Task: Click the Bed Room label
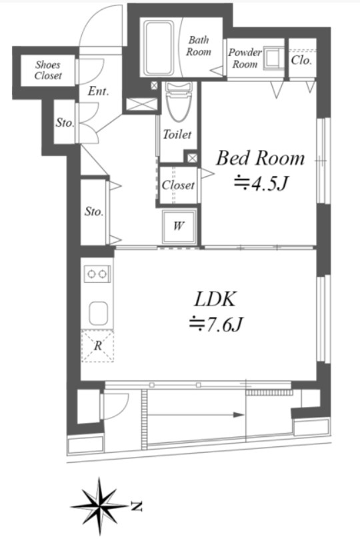(x=261, y=159)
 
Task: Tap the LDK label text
(x=215, y=299)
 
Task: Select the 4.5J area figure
(x=261, y=184)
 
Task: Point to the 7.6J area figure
(x=217, y=324)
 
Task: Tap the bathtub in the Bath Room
(x=159, y=49)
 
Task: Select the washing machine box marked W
(x=179, y=226)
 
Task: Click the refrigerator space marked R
(x=97, y=346)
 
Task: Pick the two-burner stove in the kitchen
(x=97, y=274)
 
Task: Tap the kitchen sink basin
(x=99, y=313)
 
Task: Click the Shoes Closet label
(x=48, y=70)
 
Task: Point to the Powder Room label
(x=245, y=58)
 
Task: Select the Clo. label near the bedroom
(x=301, y=60)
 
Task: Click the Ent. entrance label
(x=98, y=91)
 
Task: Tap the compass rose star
(x=99, y=506)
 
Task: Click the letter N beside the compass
(x=137, y=506)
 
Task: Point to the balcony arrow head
(x=239, y=414)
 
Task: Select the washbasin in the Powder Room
(x=274, y=59)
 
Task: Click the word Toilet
(x=177, y=134)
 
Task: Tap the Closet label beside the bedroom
(x=178, y=185)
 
